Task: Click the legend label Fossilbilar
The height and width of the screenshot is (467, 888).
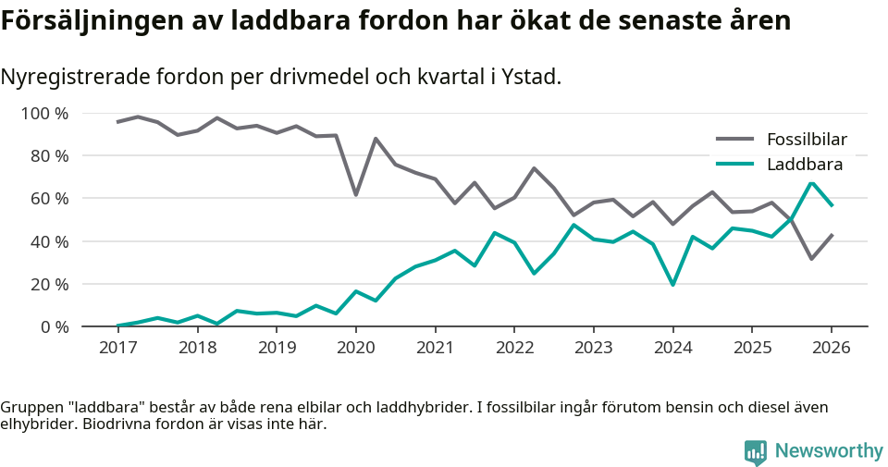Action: coord(807,140)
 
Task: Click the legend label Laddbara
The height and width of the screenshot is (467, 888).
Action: coord(804,165)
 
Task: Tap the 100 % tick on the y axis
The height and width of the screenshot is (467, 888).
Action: coord(44,114)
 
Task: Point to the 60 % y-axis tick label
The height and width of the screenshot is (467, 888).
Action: coord(48,199)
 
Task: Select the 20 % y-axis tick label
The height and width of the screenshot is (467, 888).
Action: coord(48,284)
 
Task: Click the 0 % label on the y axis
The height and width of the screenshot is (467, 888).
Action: coord(53,326)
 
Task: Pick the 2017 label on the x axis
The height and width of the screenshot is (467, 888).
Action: coord(117,348)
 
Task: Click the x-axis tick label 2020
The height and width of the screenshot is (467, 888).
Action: coord(355,348)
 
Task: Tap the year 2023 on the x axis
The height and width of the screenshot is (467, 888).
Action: coord(593,348)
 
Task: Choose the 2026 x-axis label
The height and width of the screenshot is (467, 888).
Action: coord(831,348)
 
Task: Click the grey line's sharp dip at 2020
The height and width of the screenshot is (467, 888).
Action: coord(355,195)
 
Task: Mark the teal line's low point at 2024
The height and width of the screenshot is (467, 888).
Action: coord(672,285)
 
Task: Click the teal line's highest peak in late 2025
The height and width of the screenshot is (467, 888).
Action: coord(811,182)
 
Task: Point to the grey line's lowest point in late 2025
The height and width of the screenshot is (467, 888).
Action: coord(811,259)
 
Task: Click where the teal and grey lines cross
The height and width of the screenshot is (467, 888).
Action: coord(792,219)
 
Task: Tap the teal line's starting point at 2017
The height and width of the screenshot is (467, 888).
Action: coord(117,326)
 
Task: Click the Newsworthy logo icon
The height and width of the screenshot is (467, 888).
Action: coord(756,451)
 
